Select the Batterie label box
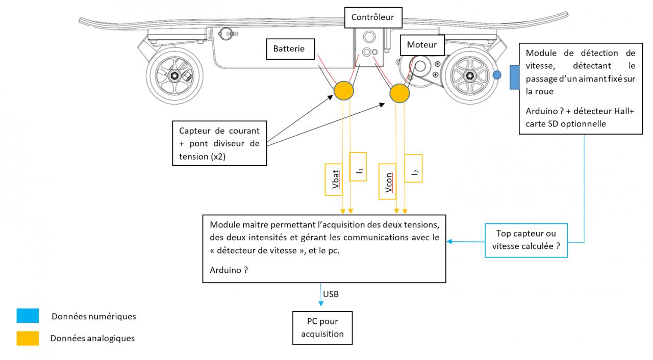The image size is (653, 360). pos(289,49)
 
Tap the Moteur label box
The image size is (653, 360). pos(422,44)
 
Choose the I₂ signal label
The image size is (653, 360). pos(413,167)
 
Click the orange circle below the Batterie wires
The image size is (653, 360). pos(344,91)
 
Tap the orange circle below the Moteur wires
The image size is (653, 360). pos(399,94)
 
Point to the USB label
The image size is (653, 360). pos(331,294)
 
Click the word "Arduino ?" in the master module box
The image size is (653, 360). pos(229,270)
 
